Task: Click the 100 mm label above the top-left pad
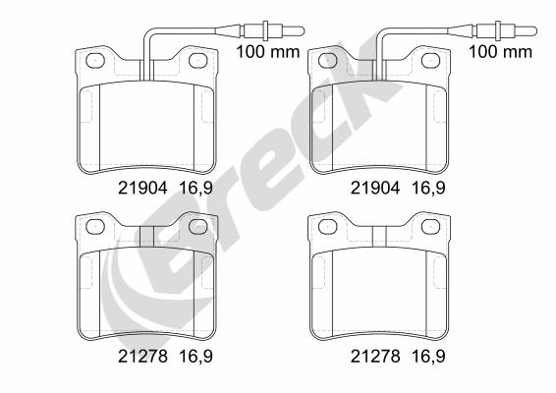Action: pos(268,52)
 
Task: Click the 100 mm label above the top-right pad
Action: pos(501,52)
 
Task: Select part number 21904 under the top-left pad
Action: pos(142,188)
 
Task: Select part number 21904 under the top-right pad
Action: pos(375,188)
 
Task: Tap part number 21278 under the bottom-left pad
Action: pos(142,356)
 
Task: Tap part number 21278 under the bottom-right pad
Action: pos(375,356)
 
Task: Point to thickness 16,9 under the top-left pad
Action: pos(196,188)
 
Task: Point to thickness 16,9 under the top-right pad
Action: pos(428,188)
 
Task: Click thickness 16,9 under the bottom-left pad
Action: pos(196,357)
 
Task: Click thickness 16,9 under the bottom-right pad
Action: pos(428,357)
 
